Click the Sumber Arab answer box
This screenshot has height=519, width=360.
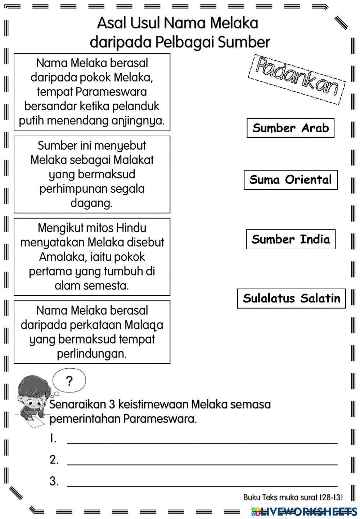point(291,128)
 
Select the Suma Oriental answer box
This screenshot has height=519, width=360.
point(291,180)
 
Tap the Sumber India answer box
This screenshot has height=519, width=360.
point(291,240)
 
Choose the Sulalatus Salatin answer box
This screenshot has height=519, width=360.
point(291,298)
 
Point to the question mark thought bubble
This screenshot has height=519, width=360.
point(69,381)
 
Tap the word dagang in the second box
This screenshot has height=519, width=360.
point(91,204)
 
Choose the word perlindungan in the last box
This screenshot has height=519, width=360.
point(91,354)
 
